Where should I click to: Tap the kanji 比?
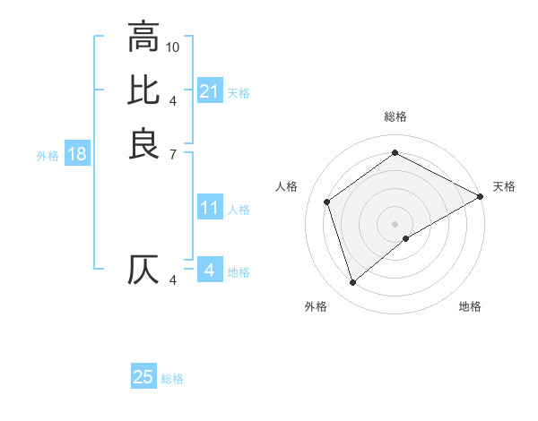pyautogui.click(x=143, y=90)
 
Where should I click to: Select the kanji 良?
pyautogui.click(x=143, y=143)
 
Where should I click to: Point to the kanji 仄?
pyautogui.click(x=143, y=271)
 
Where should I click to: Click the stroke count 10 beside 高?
pyautogui.click(x=173, y=47)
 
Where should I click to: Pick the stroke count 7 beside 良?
pyautogui.click(x=173, y=154)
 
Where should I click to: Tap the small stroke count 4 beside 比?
pyautogui.click(x=173, y=100)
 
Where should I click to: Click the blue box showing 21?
pyautogui.click(x=209, y=91)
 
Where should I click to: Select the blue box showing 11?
pyautogui.click(x=209, y=208)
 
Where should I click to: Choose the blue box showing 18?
pyautogui.click(x=77, y=154)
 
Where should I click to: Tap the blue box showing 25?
pyautogui.click(x=143, y=377)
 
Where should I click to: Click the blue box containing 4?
pyautogui.click(x=209, y=270)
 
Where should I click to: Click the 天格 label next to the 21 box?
pyautogui.click(x=239, y=92)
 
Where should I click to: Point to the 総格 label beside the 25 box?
pyautogui.click(x=173, y=379)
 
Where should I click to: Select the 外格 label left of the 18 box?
pyautogui.click(x=48, y=155)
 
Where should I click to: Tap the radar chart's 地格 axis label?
pyautogui.click(x=470, y=306)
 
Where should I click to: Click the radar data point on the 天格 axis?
pyautogui.click(x=481, y=196)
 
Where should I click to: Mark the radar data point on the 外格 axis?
pyautogui.click(x=352, y=283)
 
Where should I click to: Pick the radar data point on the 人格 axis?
pyautogui.click(x=327, y=202)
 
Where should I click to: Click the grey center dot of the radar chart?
pyautogui.click(x=395, y=223)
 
